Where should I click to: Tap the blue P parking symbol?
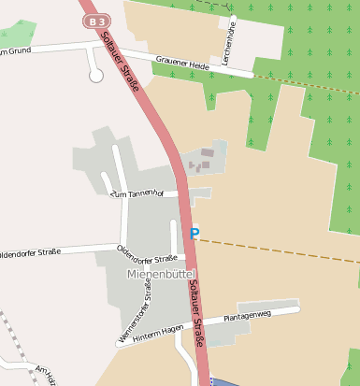coord(194,234)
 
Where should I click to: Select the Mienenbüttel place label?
coord(160,274)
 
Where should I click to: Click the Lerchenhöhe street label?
coord(229,41)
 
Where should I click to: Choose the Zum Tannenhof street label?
coord(137,193)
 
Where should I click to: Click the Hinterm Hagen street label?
coord(158,329)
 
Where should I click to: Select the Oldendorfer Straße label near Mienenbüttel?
coord(147,253)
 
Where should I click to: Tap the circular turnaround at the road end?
coord(95,75)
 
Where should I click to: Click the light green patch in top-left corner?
coord(19,36)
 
